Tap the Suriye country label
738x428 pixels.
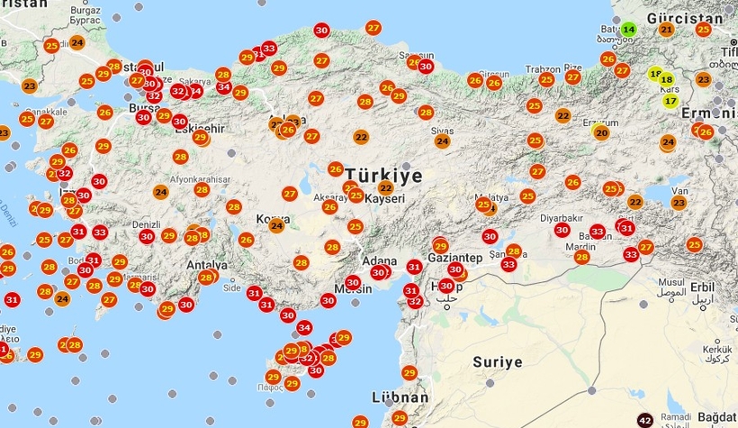pos(497,362)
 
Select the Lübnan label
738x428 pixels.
pos(400,397)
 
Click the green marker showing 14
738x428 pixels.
pos(628,29)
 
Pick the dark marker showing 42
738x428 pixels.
pos(644,420)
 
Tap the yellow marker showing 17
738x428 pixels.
pos(670,100)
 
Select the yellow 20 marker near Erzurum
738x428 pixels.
pos(600,132)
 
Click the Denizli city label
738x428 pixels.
pos(145,223)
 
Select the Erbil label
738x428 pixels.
pos(702,287)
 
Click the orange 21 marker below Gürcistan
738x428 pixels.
pos(666,29)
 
